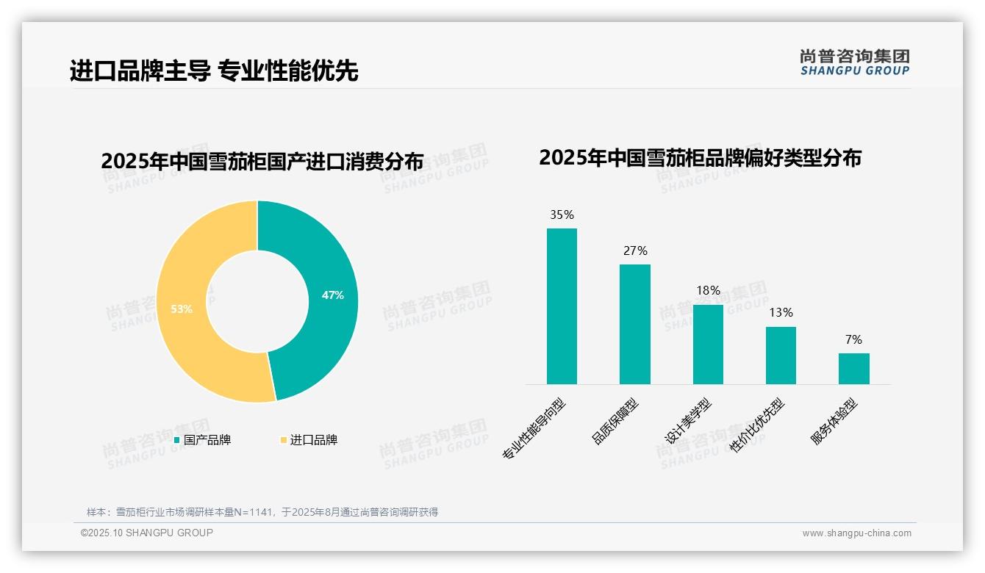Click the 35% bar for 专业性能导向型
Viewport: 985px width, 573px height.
pos(562,306)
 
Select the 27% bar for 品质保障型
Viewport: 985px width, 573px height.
pos(634,324)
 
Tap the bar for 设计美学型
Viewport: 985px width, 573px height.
pos(708,345)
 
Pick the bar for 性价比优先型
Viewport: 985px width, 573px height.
pos(781,356)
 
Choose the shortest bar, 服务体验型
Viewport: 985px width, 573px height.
pos(853,369)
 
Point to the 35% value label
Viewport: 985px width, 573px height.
pos(562,215)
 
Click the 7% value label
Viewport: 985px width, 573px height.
pos(853,340)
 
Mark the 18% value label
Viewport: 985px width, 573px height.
pos(708,291)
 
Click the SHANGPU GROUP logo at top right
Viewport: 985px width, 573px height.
pos(854,62)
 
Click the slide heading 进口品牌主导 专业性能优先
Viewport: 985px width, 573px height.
pos(214,71)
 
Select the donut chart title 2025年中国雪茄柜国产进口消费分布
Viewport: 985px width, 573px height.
pos(262,161)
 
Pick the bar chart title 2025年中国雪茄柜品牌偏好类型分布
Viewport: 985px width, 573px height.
pos(700,158)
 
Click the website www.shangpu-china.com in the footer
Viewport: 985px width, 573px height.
pos(856,533)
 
